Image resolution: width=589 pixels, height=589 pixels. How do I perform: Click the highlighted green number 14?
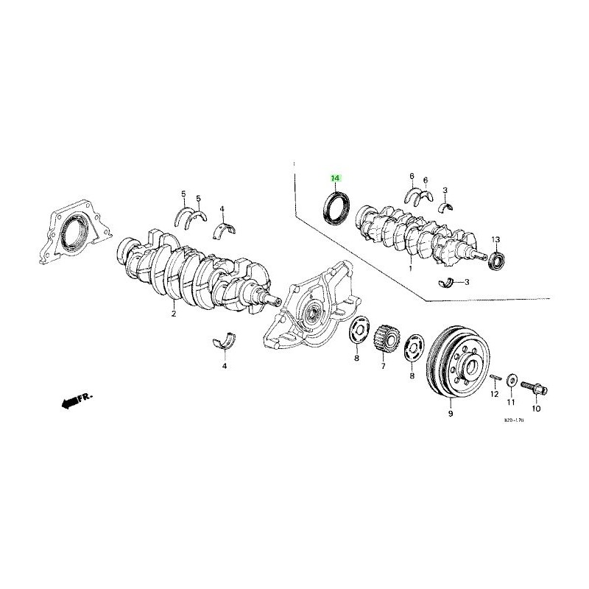click(x=336, y=179)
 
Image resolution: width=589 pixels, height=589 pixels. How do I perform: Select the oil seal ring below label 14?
click(x=339, y=208)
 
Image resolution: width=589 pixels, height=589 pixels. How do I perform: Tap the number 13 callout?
click(x=496, y=240)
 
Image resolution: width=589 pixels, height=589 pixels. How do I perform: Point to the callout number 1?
click(x=410, y=270)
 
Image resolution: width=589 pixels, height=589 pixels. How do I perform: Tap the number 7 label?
click(x=384, y=365)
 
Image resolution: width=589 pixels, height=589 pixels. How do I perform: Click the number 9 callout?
click(x=450, y=415)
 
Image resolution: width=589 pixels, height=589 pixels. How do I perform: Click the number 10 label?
click(x=536, y=408)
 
